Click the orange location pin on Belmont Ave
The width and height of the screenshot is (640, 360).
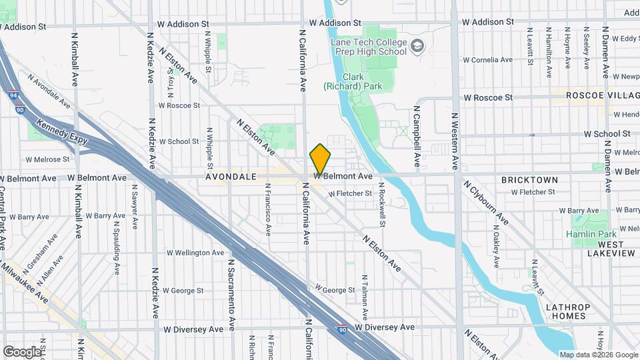click(320, 159)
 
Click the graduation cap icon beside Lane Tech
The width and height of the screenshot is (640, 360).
click(417, 45)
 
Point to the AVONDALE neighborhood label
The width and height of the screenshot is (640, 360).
click(231, 177)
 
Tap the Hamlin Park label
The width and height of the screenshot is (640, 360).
click(591, 234)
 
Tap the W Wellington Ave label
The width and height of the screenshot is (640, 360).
click(195, 253)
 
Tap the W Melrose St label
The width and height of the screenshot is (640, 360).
click(47, 159)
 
